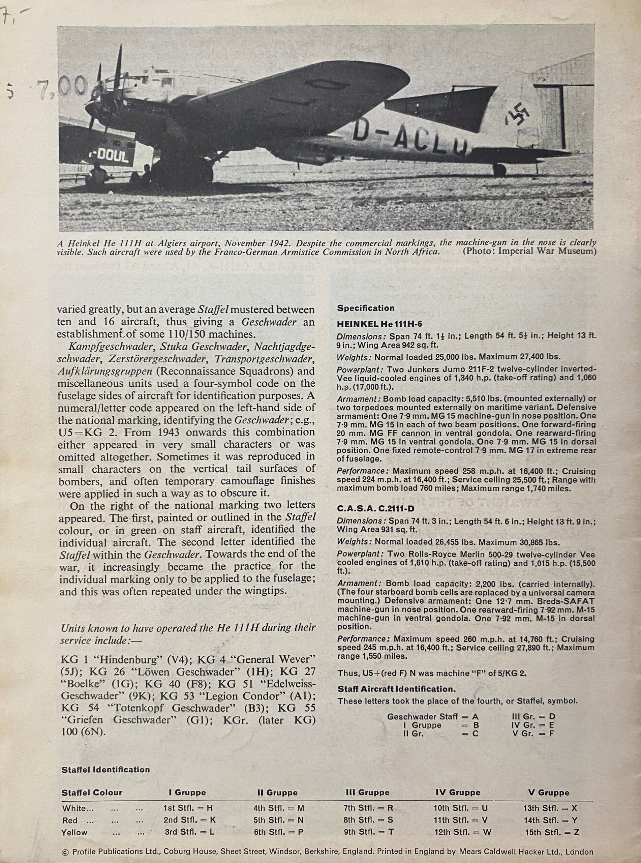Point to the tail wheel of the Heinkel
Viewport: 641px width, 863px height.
click(500, 170)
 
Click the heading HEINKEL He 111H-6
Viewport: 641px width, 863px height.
click(379, 324)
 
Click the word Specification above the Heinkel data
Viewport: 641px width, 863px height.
click(366, 308)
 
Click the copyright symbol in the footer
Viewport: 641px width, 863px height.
click(65, 852)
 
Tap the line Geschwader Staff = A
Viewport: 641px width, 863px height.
click(433, 716)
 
